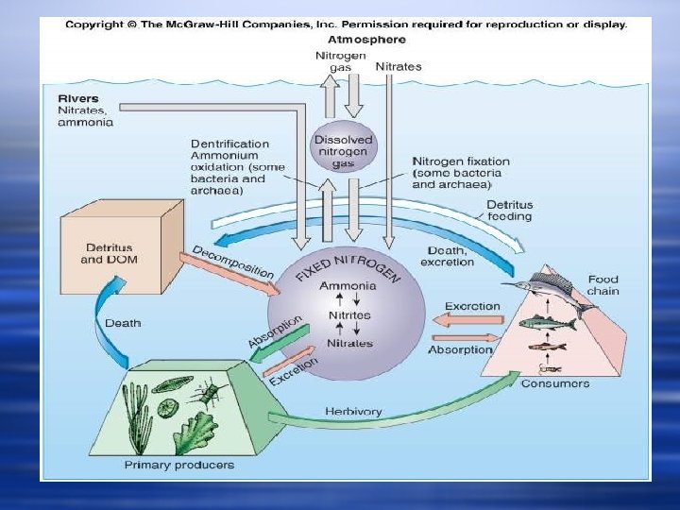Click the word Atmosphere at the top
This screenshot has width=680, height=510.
366,40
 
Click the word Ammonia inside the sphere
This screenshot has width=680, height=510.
348,286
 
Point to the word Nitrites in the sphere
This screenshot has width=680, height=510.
348,314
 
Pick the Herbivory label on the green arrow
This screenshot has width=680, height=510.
353,411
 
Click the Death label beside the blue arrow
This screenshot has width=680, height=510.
123,323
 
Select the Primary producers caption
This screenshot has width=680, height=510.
179,465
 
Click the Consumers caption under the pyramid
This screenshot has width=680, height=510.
555,383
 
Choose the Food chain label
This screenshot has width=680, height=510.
603,285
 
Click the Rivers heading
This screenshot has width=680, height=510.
76,98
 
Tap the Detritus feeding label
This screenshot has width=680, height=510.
509,211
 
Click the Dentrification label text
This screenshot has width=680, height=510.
229,144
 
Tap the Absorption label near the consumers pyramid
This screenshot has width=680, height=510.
460,349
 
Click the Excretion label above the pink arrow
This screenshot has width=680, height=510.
472,307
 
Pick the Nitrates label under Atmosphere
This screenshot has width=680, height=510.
398,67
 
